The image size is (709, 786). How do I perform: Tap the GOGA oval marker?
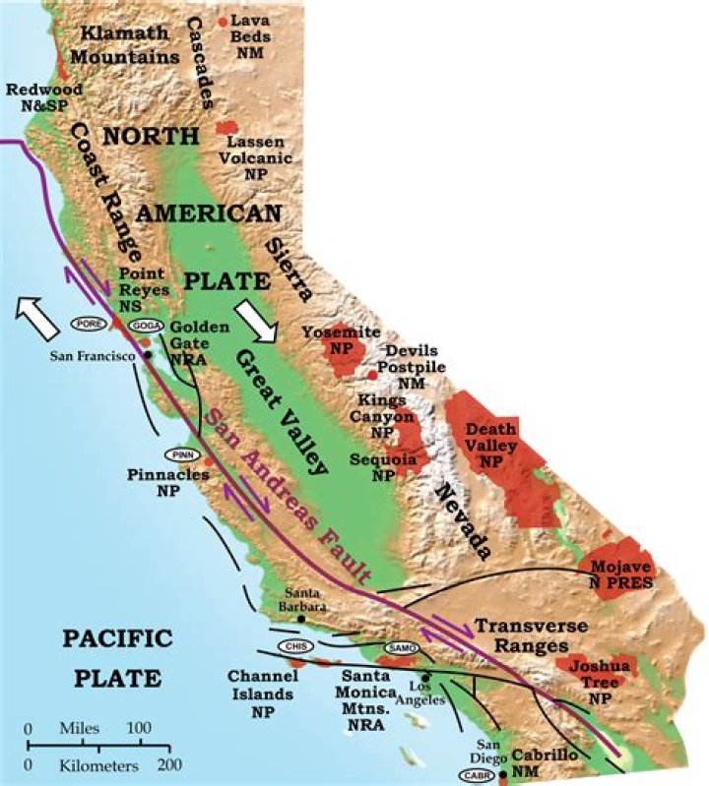point(144,326)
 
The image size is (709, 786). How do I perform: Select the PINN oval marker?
point(184,454)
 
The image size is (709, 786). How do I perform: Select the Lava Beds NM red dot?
point(223,21)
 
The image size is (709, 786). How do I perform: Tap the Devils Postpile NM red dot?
point(372,374)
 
